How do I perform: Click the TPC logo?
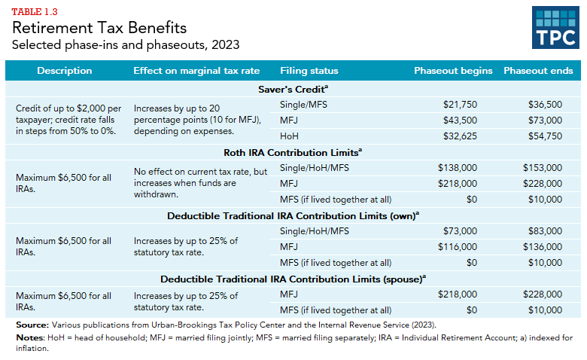[555, 29]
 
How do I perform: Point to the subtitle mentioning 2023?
[111, 46]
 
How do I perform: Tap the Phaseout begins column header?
[453, 71]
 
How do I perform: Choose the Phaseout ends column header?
[538, 71]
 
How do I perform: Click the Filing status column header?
[309, 71]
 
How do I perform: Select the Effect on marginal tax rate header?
[196, 71]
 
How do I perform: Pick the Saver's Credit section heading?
[293, 89]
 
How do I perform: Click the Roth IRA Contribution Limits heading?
[293, 152]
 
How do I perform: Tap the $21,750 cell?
[460, 104]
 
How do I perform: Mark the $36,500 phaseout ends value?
[545, 104]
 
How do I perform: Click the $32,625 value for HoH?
[460, 136]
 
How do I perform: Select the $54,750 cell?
[545, 136]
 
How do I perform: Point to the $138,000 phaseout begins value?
[457, 167]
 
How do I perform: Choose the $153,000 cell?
[542, 167]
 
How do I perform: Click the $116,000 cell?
[457, 247]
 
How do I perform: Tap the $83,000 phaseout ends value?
[545, 231]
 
